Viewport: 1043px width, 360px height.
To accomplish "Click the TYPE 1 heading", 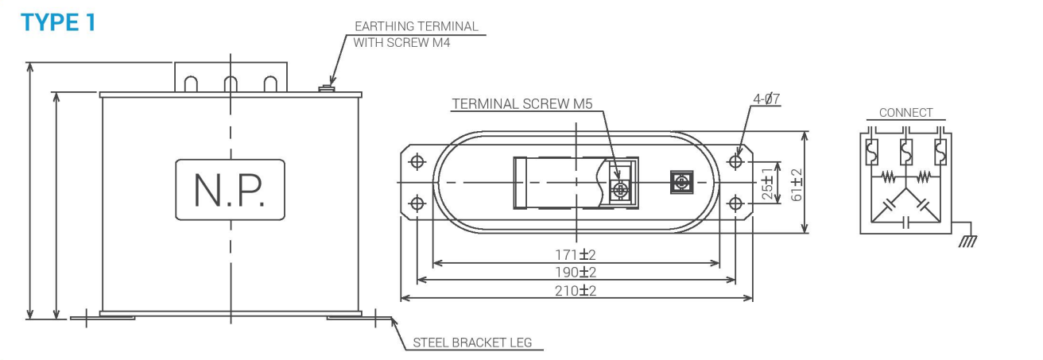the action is [x=58, y=22].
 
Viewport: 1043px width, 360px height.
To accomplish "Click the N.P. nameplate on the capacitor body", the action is [x=230, y=190].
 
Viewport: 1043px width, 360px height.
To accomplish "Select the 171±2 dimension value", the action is [x=576, y=255].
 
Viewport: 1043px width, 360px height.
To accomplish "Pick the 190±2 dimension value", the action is [x=576, y=272].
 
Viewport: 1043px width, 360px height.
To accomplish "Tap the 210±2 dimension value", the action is [x=576, y=291].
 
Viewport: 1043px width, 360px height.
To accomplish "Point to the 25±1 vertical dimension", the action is [x=767, y=184].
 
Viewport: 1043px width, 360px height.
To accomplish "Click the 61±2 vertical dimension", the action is [x=797, y=185].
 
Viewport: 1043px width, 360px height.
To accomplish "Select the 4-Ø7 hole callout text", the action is [x=766, y=99].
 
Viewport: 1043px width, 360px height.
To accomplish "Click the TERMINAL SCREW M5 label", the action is [x=522, y=104].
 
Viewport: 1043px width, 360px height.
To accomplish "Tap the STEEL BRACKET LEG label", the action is [x=472, y=343].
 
